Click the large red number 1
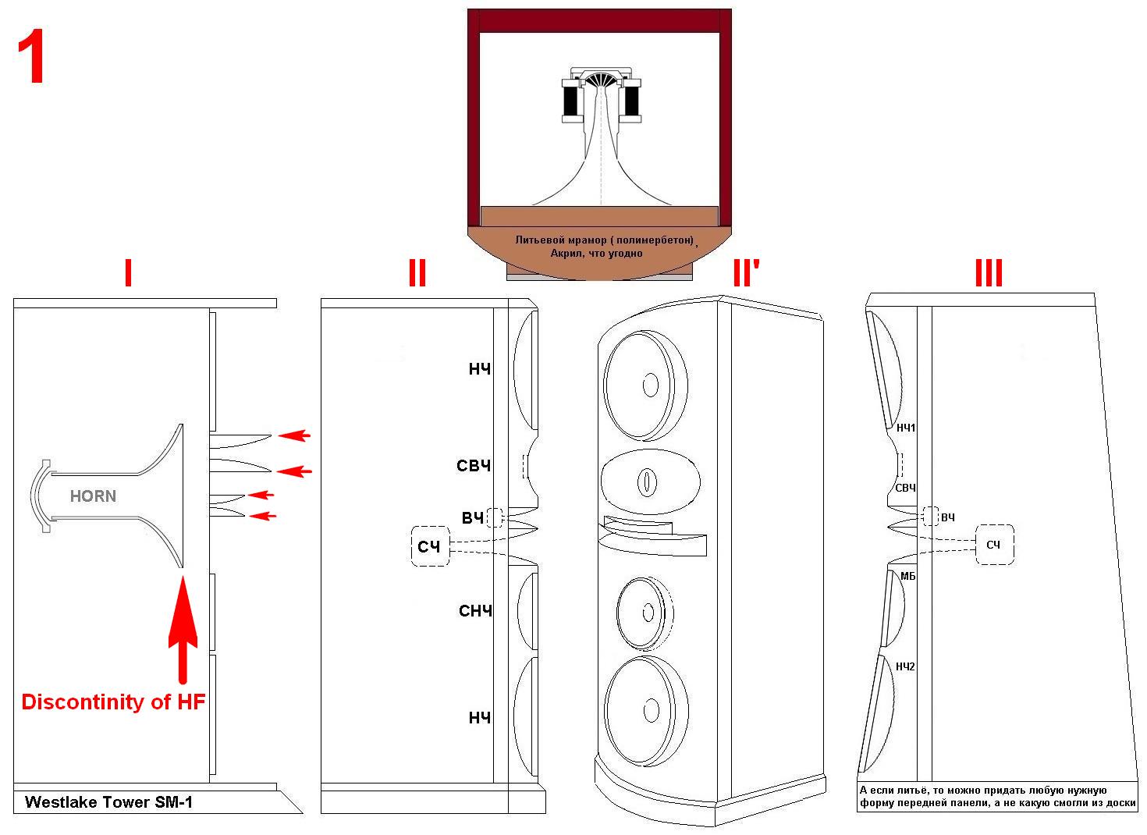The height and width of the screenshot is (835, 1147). point(31,59)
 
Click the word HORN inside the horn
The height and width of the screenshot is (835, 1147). point(93,496)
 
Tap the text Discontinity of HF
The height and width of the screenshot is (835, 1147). point(113,702)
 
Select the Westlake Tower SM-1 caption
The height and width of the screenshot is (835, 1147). point(108,801)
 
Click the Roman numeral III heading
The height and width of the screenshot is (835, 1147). point(988,274)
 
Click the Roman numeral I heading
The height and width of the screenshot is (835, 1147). point(128,274)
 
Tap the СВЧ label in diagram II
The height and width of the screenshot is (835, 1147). point(474,466)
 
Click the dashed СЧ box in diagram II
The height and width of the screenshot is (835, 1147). point(430,546)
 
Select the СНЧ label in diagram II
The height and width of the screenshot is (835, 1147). point(475,611)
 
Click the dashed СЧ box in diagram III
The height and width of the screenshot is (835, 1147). point(993,545)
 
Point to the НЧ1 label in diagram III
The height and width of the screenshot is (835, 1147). point(906,428)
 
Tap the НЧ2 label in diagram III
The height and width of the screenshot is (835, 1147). point(905,666)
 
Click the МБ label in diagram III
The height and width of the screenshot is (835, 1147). point(907,576)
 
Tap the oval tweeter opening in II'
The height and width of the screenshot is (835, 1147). point(647,481)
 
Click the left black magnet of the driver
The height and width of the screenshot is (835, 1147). point(571,100)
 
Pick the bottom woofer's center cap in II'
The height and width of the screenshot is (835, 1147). point(650,710)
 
